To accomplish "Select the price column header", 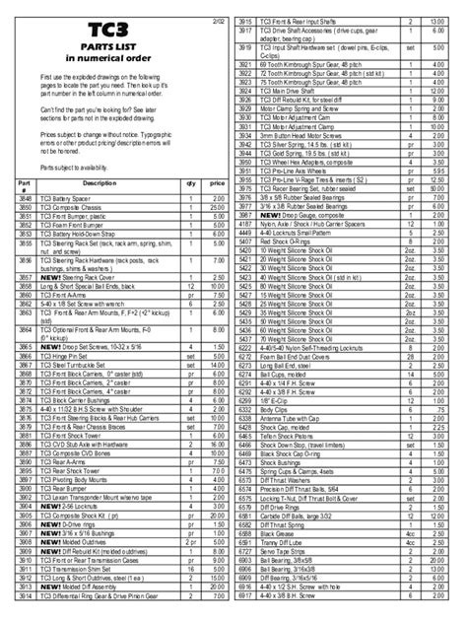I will tap(216, 183).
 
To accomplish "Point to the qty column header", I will tap(190, 183).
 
